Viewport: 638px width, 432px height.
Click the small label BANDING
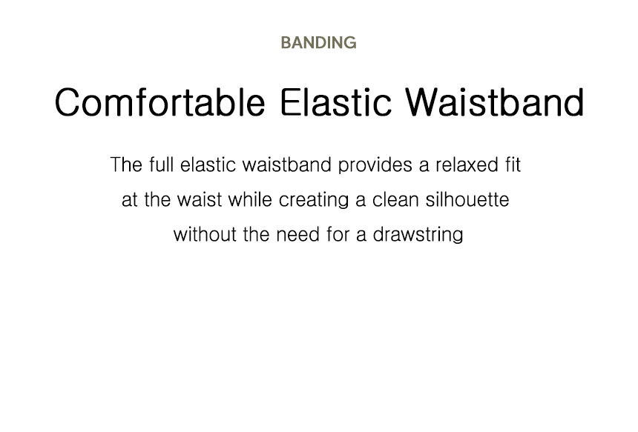coord(318,43)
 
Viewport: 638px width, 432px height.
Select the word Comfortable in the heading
coord(160,102)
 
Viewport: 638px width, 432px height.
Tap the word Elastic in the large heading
coord(336,102)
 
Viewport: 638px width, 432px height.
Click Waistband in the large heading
coord(495,102)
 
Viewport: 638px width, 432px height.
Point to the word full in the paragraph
coord(161,165)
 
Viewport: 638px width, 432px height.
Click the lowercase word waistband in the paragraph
coord(286,165)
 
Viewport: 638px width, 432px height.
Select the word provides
coord(375,166)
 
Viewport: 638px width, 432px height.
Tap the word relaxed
coord(467,165)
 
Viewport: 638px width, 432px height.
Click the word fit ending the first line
coord(513,165)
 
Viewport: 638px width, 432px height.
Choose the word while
coord(250,200)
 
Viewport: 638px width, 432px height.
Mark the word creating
coord(314,201)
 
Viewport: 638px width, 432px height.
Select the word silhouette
coord(467,200)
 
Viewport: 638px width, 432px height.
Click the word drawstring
coord(418,236)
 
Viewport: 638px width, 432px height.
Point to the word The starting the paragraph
coord(126,165)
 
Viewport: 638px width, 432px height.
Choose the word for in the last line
coord(338,235)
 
